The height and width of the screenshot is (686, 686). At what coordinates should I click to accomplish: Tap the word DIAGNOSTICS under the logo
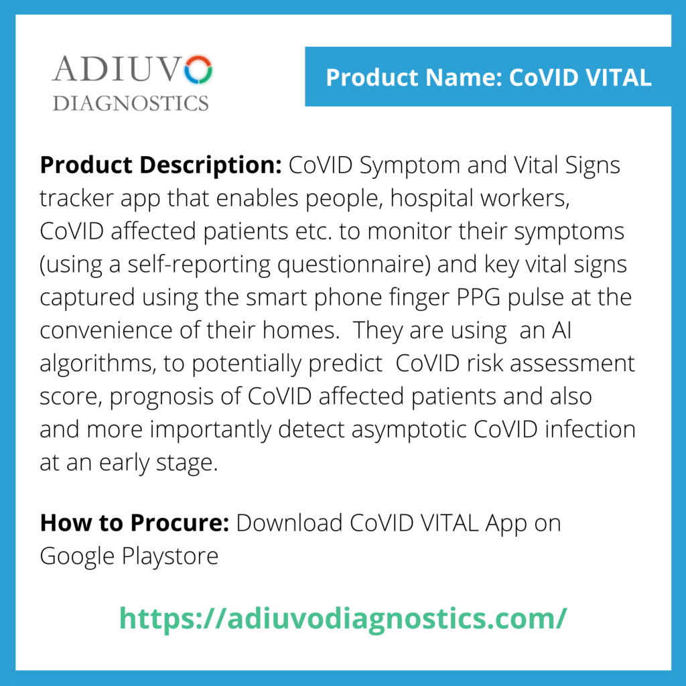(131, 103)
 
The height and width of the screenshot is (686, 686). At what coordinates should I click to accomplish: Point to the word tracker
(76, 198)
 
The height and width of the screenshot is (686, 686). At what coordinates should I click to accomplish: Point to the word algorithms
(95, 364)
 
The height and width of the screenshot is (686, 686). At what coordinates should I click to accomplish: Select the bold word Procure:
(180, 523)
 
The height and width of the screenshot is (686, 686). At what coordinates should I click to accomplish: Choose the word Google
(78, 557)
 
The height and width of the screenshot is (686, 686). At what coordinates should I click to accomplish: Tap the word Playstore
(170, 557)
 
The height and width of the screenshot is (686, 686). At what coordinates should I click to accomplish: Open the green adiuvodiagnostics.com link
(343, 619)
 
